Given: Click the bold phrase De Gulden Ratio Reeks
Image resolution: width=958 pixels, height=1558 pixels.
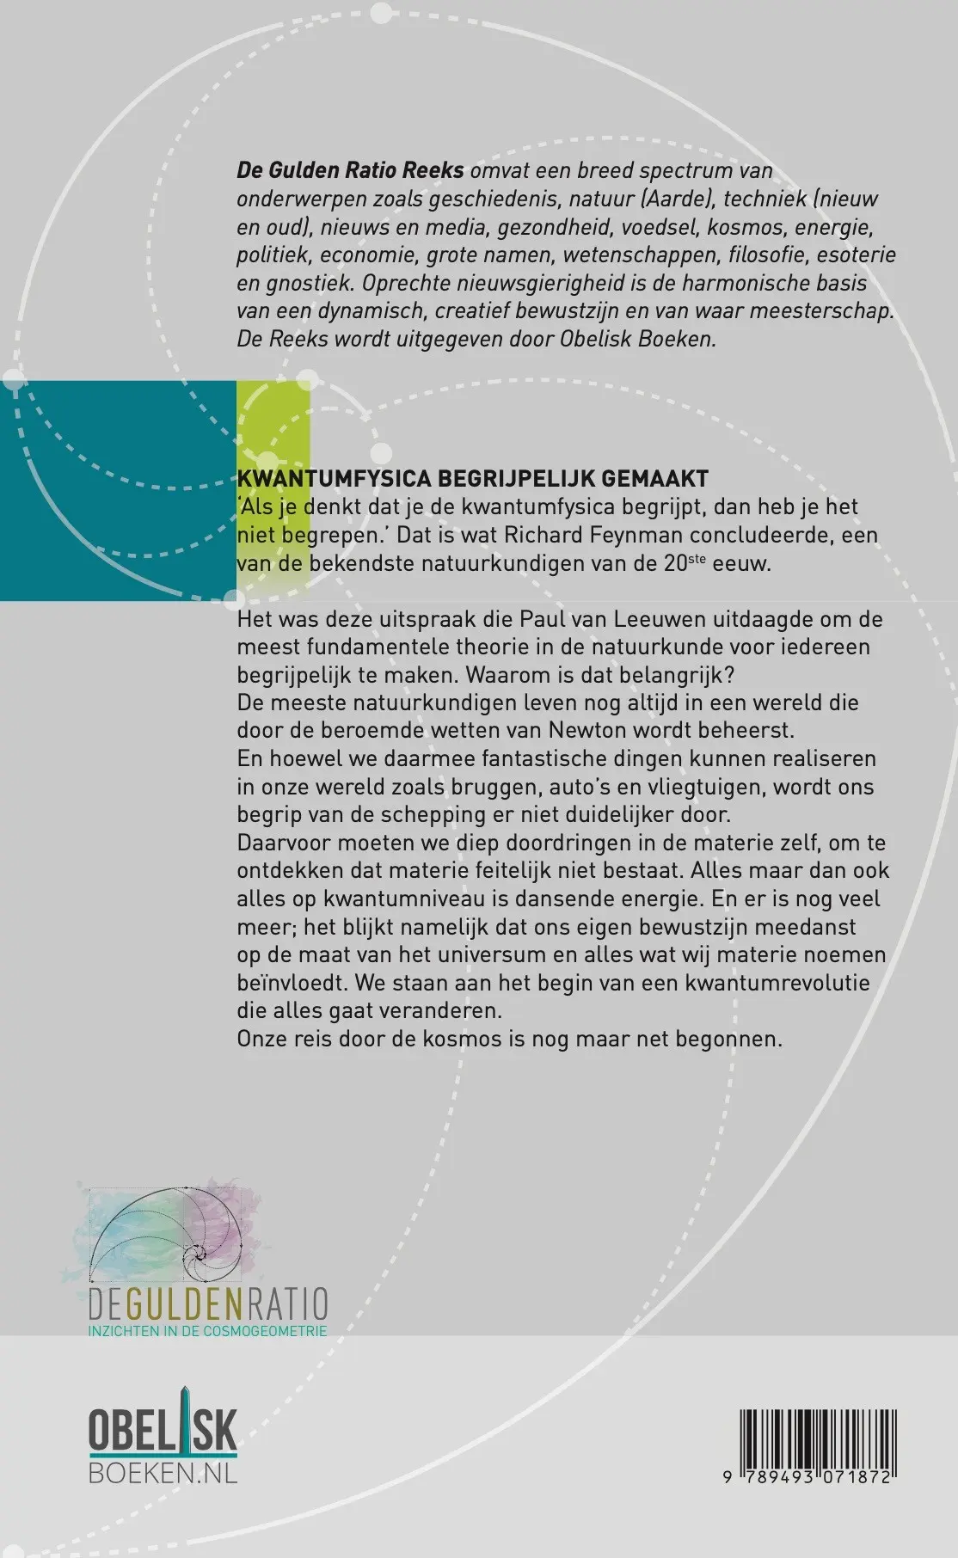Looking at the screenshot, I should click(x=350, y=170).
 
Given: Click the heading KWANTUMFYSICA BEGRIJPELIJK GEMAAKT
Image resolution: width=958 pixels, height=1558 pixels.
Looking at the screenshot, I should click(x=473, y=479).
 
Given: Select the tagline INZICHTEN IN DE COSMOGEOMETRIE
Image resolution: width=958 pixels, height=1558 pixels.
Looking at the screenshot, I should click(x=207, y=1331).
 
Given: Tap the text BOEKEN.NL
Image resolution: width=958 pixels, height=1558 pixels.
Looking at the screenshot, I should click(x=163, y=1472).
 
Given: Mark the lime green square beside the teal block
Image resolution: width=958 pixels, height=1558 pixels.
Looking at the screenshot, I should click(x=273, y=490).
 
